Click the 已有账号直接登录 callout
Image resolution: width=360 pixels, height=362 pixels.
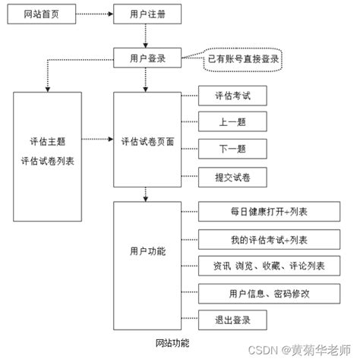click(242, 58)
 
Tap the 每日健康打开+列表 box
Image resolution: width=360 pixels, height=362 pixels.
click(263, 212)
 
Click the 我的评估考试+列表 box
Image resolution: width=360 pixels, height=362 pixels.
click(263, 239)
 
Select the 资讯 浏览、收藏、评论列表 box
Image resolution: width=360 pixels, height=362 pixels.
click(263, 266)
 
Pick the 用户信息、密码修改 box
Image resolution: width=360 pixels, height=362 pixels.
click(263, 293)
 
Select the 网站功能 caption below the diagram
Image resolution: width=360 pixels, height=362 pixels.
click(172, 342)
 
